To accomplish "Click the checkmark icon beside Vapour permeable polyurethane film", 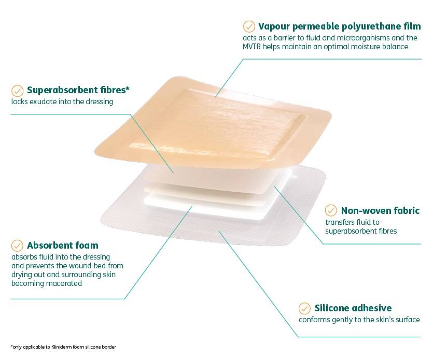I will pyautogui.click(x=249, y=26).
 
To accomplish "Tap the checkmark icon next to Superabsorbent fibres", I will pyautogui.click(x=18, y=90).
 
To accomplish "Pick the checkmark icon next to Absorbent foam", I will pyautogui.click(x=18, y=245).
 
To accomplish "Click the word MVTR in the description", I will pyautogui.click(x=255, y=47).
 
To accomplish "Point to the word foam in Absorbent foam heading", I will pyautogui.click(x=87, y=245).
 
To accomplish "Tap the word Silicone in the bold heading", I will pyautogui.click(x=332, y=308).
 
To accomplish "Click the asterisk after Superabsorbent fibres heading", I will pyautogui.click(x=128, y=89).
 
